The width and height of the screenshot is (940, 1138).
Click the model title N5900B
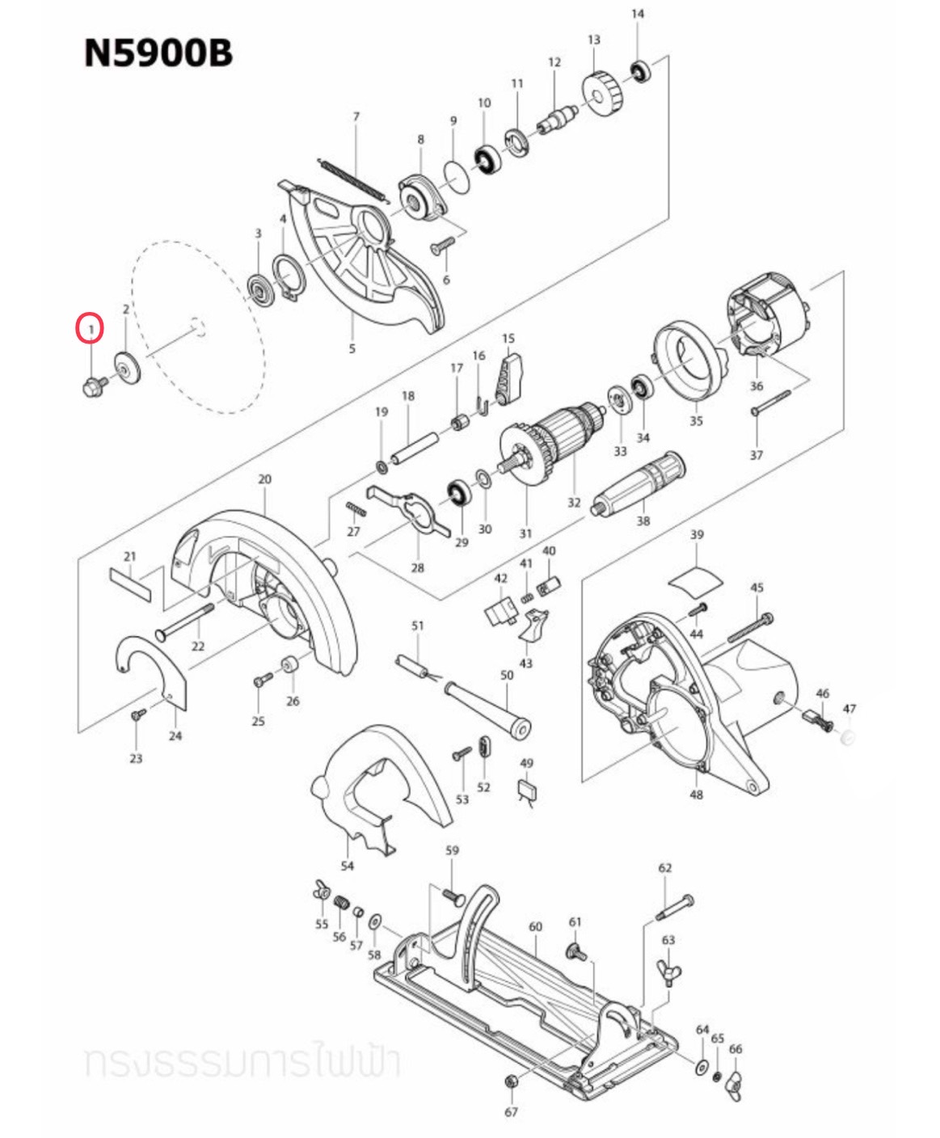pos(158,53)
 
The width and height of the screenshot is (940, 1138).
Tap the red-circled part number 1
pos(91,329)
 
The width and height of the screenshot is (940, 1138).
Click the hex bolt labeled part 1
pos(92,386)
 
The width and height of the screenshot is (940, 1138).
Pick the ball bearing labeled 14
pos(640,70)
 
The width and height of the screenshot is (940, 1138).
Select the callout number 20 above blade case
pos(265,479)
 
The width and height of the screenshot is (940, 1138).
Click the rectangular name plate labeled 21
pos(129,583)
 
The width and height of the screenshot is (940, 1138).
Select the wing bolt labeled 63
pos(670,970)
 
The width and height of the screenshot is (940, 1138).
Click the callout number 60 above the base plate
pos(535,926)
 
